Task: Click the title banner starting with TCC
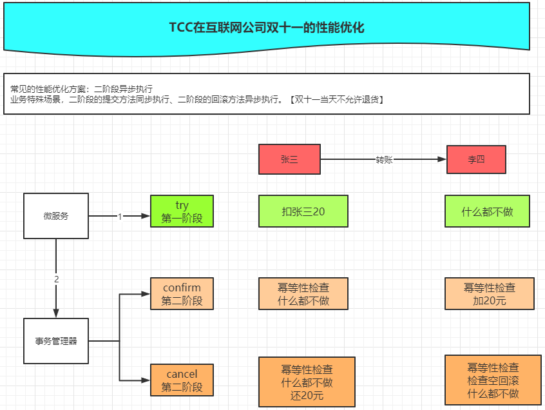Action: coord(267,27)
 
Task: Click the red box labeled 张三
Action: coord(289,159)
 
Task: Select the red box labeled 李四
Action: coord(476,159)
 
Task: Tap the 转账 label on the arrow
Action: coord(384,159)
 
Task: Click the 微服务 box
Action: coord(56,216)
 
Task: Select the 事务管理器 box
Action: coord(56,340)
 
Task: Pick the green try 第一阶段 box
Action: coord(182,211)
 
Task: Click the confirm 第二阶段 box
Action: coord(182,294)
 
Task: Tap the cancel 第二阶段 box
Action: coord(182,380)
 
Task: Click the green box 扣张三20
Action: coord(303,211)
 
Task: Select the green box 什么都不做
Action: coord(487,211)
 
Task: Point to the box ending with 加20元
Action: coord(490,294)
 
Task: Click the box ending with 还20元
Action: coord(307,382)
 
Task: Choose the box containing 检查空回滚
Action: coord(493,380)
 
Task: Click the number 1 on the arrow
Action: coord(120,217)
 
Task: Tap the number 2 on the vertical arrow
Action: coord(57,280)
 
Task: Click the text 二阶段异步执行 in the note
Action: coord(124,89)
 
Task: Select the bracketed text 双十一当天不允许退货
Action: coord(336,100)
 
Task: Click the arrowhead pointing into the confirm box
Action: coord(146,295)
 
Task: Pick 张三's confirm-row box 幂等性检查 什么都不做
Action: coord(303,294)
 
